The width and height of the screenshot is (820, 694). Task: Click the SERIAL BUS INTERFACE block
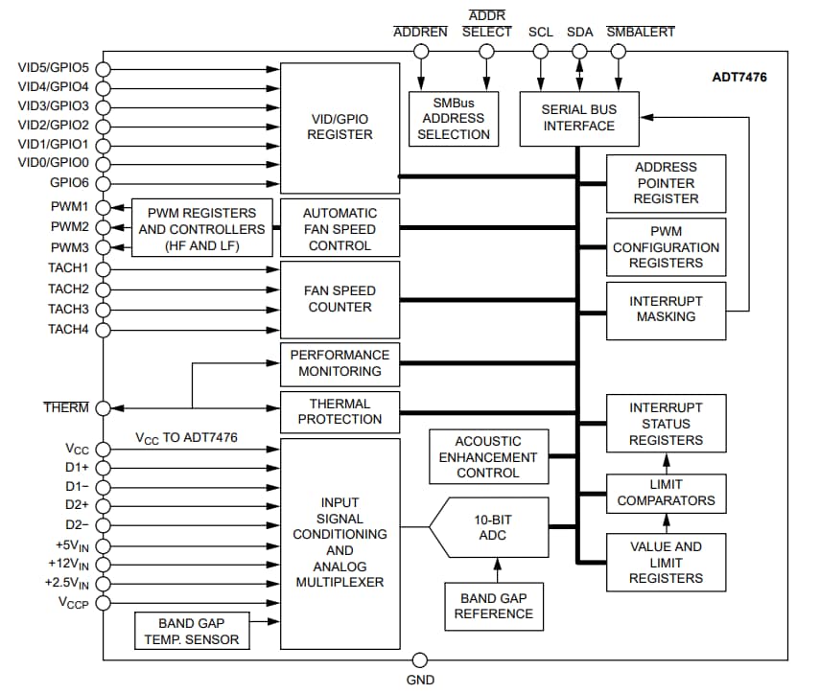pyautogui.click(x=578, y=118)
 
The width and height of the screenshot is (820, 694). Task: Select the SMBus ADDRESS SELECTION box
pyautogui.click(x=454, y=118)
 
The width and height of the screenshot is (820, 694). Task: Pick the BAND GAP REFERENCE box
pyautogui.click(x=493, y=606)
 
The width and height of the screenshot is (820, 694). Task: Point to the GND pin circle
pyautogui.click(x=419, y=659)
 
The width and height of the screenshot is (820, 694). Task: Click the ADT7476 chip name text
pyautogui.click(x=738, y=77)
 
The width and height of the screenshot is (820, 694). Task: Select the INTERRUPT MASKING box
pyautogui.click(x=666, y=309)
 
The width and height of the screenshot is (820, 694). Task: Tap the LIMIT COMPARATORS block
pyautogui.click(x=666, y=493)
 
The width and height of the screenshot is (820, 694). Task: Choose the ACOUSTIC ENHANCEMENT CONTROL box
pyautogui.click(x=488, y=456)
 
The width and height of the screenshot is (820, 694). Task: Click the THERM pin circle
pyautogui.click(x=103, y=407)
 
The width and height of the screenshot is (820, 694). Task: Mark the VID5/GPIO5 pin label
pyautogui.click(x=54, y=68)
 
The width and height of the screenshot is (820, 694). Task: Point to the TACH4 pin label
pyautogui.click(x=68, y=329)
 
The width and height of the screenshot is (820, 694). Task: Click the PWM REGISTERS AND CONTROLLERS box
pyautogui.click(x=201, y=229)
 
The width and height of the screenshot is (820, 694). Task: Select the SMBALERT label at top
pyautogui.click(x=641, y=32)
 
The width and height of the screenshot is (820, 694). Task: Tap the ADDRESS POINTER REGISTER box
pyautogui.click(x=666, y=182)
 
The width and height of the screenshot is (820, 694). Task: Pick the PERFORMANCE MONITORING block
pyautogui.click(x=340, y=362)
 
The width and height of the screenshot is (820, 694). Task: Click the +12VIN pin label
pyautogui.click(x=67, y=564)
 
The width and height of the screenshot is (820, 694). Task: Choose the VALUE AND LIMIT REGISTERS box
pyautogui.click(x=666, y=562)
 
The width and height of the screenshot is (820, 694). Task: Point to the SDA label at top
pyautogui.click(x=579, y=32)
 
